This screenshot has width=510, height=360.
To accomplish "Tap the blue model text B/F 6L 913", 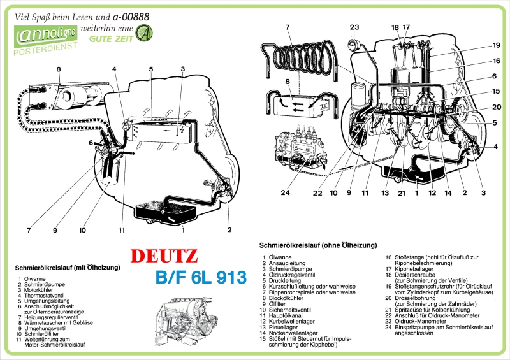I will point(200,278).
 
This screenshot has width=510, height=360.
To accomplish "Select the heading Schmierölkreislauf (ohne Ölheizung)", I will point(318,245).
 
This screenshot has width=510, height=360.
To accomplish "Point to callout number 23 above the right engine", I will point(354,27).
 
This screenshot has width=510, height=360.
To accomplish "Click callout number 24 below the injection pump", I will point(285,193).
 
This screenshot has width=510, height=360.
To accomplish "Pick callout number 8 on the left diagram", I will point(58,69).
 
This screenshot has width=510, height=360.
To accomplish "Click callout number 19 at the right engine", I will point(496,45).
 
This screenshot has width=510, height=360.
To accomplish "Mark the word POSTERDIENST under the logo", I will point(46,47).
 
